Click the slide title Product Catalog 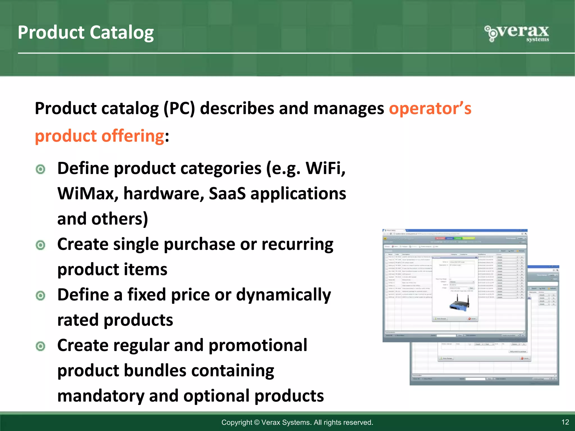tap(86, 33)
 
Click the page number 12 tap(565, 422)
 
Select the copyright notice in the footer tap(297, 422)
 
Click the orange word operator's tap(430, 108)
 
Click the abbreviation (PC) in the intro tap(179, 108)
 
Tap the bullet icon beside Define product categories tap(41, 169)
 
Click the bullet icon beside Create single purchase tap(41, 245)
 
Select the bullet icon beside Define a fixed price tap(41, 295)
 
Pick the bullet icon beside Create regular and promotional tap(41, 346)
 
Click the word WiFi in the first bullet tap(325, 168)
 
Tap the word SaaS tap(227, 194)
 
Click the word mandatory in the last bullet tap(100, 396)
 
